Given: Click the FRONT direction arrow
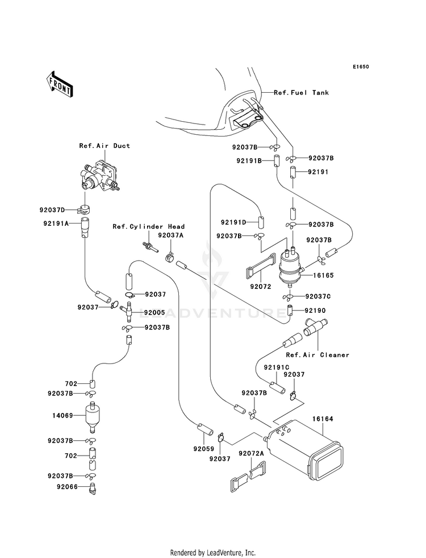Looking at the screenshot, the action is [x=59, y=84].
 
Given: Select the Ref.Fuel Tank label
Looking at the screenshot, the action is [x=301, y=93].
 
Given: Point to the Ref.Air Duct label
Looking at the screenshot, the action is [x=105, y=146].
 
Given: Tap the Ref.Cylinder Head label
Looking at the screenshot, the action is [x=148, y=226].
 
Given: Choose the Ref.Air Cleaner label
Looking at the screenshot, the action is [x=318, y=355].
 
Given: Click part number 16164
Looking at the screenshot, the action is [x=323, y=419].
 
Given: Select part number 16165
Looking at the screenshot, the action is [x=323, y=275].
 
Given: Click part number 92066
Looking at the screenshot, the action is [x=67, y=486].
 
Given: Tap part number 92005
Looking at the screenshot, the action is [x=154, y=313].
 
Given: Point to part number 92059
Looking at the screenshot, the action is [x=204, y=449].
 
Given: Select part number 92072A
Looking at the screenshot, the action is [x=251, y=453].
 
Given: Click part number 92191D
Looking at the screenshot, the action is [x=233, y=222].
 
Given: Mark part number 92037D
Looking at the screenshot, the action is [x=52, y=210].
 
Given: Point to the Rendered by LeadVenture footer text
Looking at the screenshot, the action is [x=213, y=553].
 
